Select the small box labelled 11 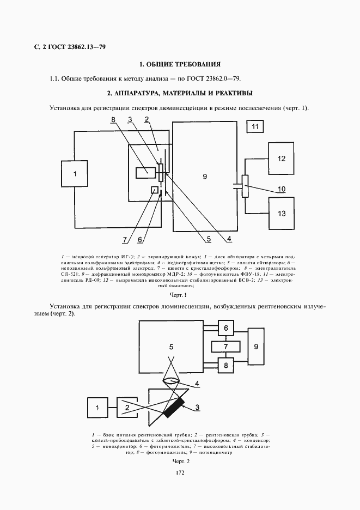pyautogui.click(x=256, y=127)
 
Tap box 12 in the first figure pyautogui.click(x=281, y=159)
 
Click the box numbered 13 pyautogui.click(x=281, y=213)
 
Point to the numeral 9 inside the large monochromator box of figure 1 pyautogui.click(x=204, y=176)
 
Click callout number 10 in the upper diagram pyautogui.click(x=282, y=190)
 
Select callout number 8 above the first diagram pyautogui.click(x=113, y=119)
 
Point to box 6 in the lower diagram pyautogui.click(x=225, y=328)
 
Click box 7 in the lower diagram pyautogui.click(x=225, y=347)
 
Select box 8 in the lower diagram pyautogui.click(x=225, y=365)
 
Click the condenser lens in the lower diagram pyautogui.click(x=172, y=382)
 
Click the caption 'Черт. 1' pyautogui.click(x=179, y=295)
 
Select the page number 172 pyautogui.click(x=180, y=472)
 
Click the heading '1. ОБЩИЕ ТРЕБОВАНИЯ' pyautogui.click(x=180, y=64)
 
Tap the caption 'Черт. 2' pyautogui.click(x=180, y=462)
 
